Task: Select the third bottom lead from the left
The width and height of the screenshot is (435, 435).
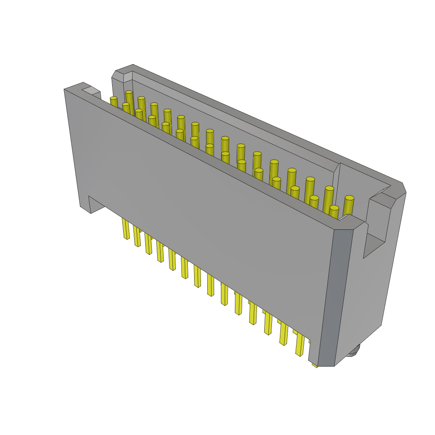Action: [x=148, y=244]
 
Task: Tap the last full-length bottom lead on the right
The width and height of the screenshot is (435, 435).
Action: [x=300, y=344]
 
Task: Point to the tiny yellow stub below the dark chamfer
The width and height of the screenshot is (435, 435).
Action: [x=315, y=364]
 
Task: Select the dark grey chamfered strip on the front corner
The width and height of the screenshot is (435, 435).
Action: [x=336, y=297]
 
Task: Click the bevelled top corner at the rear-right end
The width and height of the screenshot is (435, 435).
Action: [x=404, y=187]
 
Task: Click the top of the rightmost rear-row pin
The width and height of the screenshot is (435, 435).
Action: [x=349, y=198]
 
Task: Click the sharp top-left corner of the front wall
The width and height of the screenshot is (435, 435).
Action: [x=65, y=90]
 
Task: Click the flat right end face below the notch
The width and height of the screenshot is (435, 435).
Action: [x=365, y=297]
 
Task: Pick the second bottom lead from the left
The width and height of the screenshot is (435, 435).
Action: [x=137, y=236]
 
